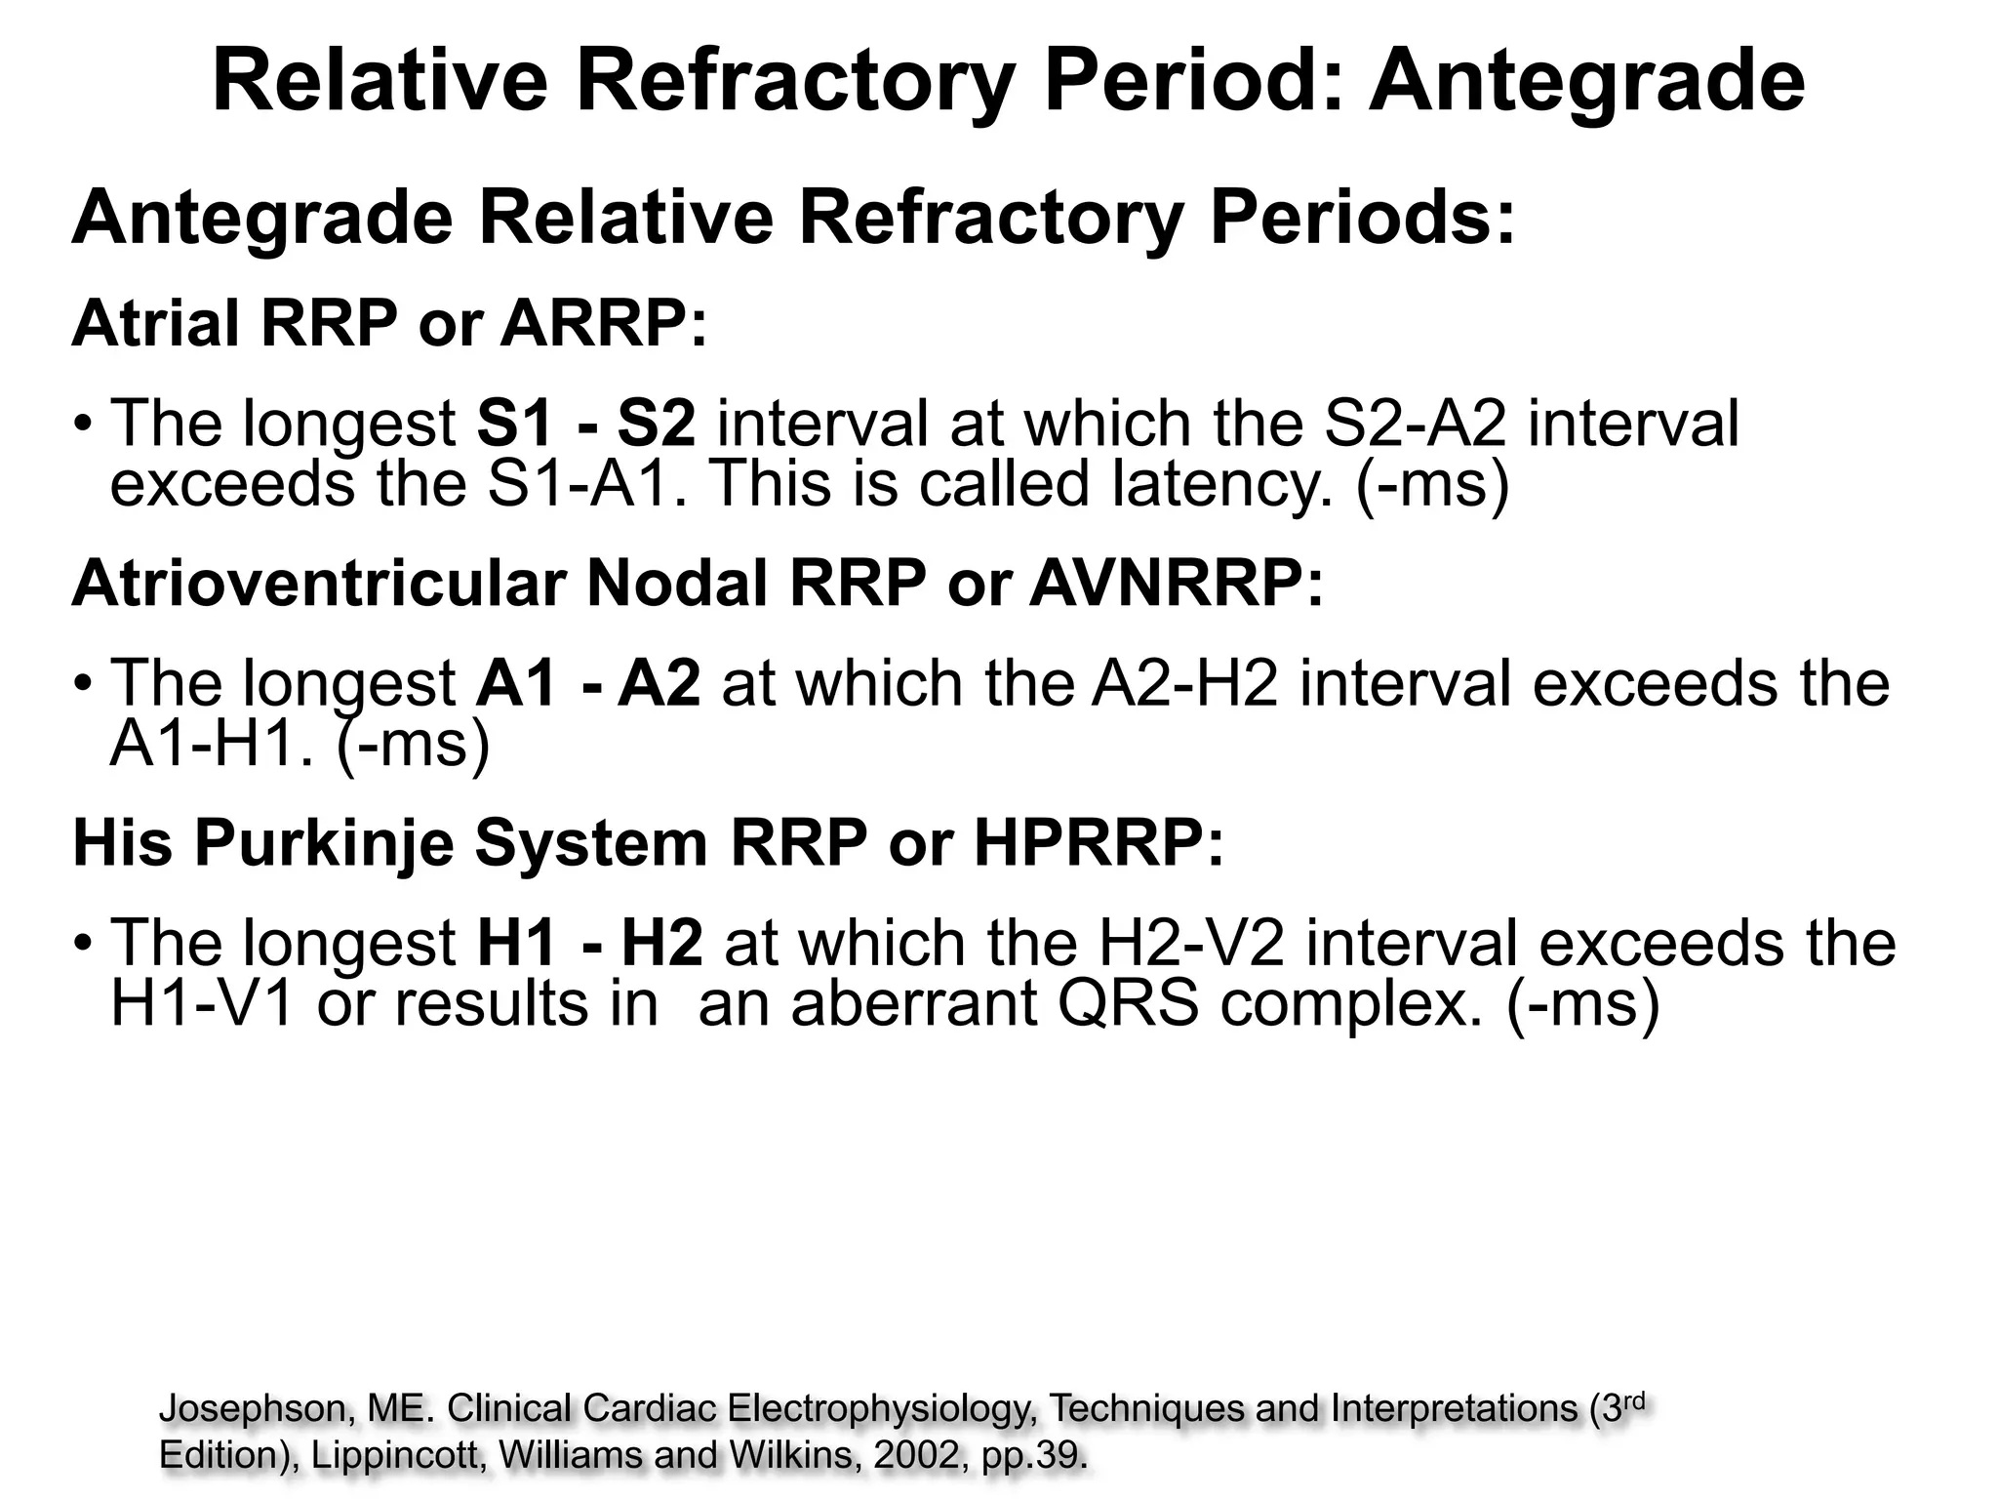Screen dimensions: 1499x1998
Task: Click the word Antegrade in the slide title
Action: point(1586,82)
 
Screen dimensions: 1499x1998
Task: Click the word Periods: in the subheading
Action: point(1363,219)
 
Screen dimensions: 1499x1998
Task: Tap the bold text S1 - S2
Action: point(586,424)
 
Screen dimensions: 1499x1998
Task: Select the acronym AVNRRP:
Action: point(1177,584)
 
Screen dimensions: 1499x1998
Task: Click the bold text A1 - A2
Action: point(587,683)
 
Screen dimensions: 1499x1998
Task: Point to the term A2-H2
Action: point(1184,683)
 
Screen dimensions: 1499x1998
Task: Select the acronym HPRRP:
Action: point(1098,843)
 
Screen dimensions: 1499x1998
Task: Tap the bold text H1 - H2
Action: point(589,943)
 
